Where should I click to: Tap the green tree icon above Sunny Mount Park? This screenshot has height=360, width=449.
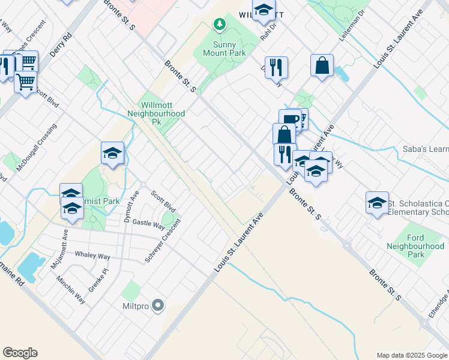tap(220, 25)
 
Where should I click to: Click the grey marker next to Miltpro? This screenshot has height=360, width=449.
tap(158, 306)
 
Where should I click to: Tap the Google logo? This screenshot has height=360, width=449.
tap(20, 353)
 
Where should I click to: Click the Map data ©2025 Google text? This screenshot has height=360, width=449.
tap(411, 355)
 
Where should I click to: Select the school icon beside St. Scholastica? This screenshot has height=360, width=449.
tap(377, 202)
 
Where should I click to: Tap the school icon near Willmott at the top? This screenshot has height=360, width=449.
tap(263, 10)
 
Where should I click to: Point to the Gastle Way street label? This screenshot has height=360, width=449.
tap(149, 224)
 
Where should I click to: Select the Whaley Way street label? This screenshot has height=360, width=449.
tap(92, 255)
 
